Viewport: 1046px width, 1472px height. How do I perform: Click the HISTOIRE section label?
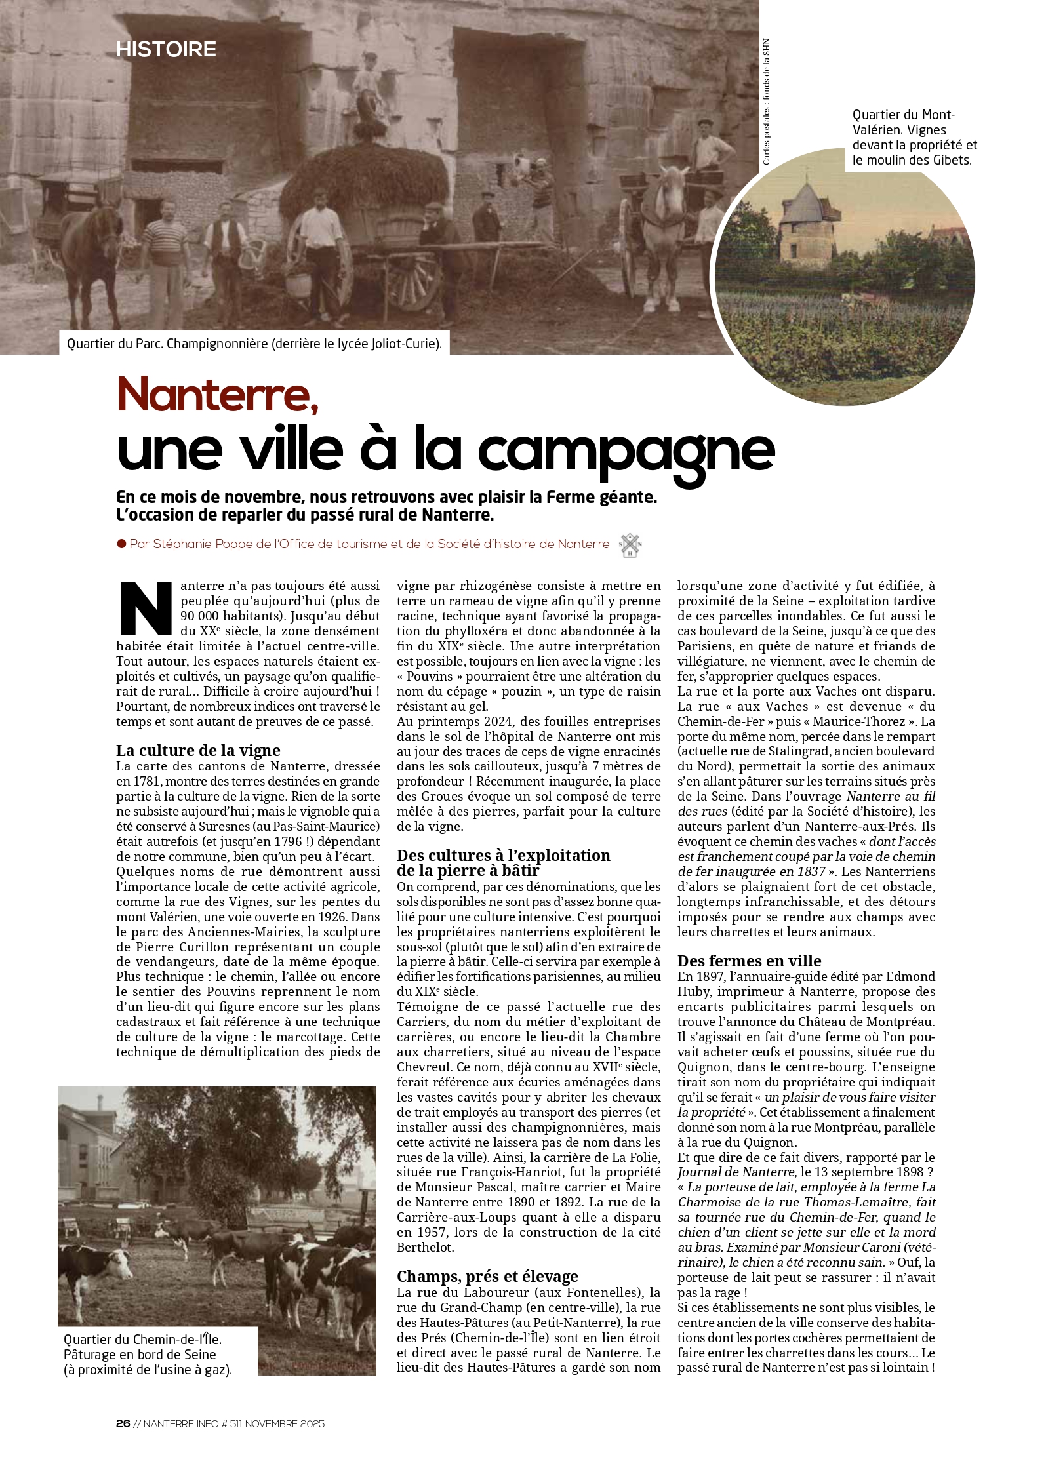166,49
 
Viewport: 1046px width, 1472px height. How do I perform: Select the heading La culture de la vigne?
198,750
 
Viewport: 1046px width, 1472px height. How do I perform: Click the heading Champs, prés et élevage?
487,1276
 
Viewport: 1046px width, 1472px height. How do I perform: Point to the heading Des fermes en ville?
749,961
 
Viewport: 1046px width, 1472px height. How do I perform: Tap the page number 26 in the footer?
123,1423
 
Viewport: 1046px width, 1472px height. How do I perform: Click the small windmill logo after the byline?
630,545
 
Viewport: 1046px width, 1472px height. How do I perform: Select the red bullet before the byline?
121,544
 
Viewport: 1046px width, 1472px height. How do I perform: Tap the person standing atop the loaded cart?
369,85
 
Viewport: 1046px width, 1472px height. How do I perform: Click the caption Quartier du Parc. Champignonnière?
254,344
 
